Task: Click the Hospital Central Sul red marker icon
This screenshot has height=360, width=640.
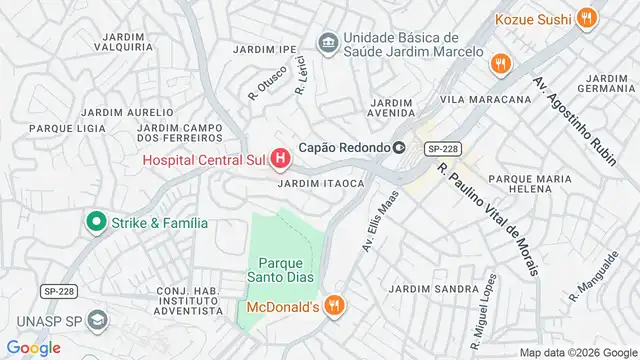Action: [281, 158]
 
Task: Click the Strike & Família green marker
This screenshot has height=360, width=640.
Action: [97, 222]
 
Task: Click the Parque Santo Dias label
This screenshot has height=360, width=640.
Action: [283, 270]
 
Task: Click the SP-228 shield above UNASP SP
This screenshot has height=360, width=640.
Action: [58, 290]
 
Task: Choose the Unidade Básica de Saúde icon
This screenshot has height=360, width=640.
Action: [327, 42]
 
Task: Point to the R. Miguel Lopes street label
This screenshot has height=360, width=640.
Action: [482, 304]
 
